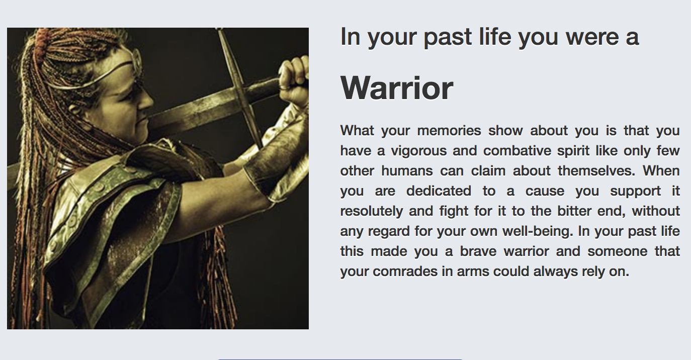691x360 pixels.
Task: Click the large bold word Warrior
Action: click(397, 88)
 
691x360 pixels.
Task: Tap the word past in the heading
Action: click(448, 38)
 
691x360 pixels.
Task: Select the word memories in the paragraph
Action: click(449, 131)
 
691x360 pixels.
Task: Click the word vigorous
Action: click(418, 151)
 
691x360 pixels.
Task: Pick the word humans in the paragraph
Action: click(407, 170)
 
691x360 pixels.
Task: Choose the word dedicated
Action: click(439, 191)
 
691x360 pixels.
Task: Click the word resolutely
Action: click(372, 211)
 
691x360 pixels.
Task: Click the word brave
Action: click(478, 251)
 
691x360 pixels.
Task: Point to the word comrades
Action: click(405, 272)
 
